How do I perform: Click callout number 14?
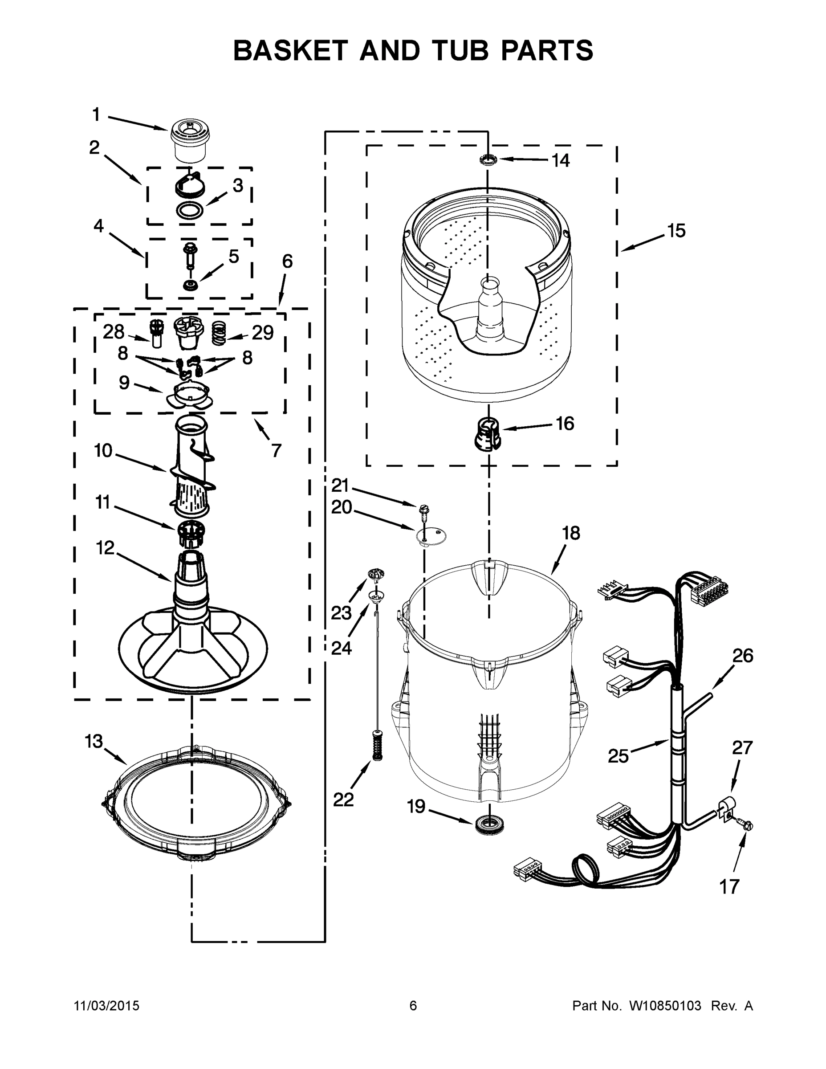561,160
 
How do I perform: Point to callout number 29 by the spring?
263,333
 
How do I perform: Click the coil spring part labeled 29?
219,333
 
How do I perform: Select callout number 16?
565,424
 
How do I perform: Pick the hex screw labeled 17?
746,825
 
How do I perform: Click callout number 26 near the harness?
742,656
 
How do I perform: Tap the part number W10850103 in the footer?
664,1006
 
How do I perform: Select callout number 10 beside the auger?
103,450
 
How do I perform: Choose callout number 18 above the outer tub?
570,533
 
